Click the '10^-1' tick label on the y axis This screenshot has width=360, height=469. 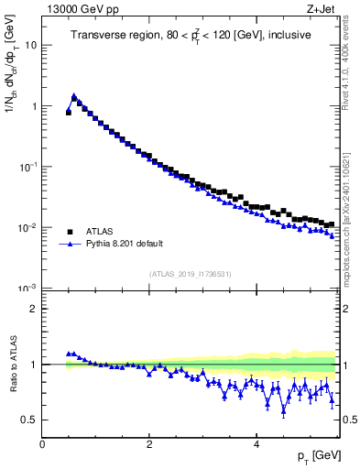[29, 167]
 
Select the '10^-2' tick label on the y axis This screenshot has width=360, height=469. [29, 227]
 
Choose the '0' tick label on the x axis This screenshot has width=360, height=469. [42, 444]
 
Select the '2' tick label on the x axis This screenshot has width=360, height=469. [149, 444]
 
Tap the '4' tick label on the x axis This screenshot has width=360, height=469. [256, 444]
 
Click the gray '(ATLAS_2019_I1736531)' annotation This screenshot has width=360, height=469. [189, 275]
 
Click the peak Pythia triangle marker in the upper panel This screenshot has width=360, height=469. [74, 95]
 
